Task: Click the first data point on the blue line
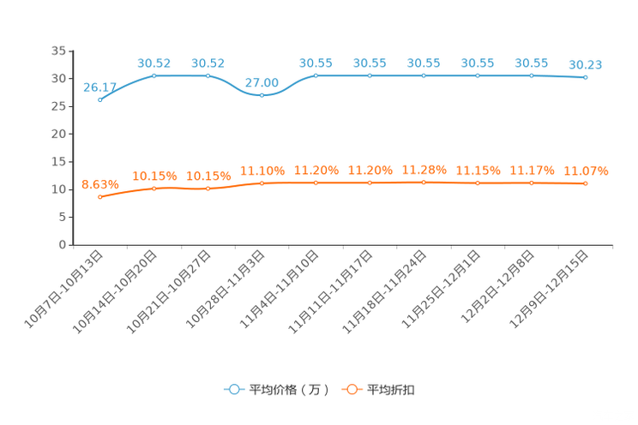pyautogui.click(x=100, y=99)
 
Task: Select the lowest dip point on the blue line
pyautogui.click(x=262, y=94)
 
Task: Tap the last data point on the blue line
pyautogui.click(x=586, y=78)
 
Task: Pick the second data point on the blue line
pyautogui.click(x=154, y=75)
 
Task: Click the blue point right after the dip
pyautogui.click(x=316, y=75)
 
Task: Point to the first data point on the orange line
pyautogui.click(x=100, y=196)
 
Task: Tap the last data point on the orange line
pyautogui.click(x=586, y=183)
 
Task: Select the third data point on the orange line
pyautogui.click(x=208, y=188)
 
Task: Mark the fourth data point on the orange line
pyautogui.click(x=262, y=183)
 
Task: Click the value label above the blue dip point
pyautogui.click(x=262, y=82)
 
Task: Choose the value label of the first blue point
pyautogui.click(x=100, y=87)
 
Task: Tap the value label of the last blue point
pyautogui.click(x=586, y=65)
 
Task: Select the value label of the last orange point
pyautogui.click(x=586, y=171)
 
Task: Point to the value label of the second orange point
pyautogui.click(x=154, y=176)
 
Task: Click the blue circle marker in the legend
pyautogui.click(x=232, y=389)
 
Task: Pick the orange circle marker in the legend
pyautogui.click(x=351, y=389)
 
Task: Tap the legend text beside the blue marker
pyautogui.click(x=289, y=390)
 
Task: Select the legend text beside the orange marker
pyautogui.click(x=392, y=390)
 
